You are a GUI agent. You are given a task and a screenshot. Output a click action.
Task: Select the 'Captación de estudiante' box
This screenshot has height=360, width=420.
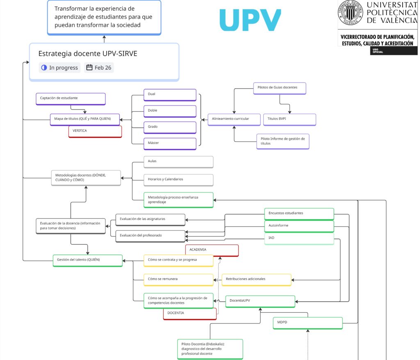tap(71, 99)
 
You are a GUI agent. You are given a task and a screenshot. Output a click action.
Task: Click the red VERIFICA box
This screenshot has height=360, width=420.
tap(95, 131)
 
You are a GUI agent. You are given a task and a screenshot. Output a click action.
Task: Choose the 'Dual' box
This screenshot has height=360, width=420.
tap(170, 94)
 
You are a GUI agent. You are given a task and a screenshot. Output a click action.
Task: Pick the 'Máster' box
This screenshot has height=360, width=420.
tap(170, 143)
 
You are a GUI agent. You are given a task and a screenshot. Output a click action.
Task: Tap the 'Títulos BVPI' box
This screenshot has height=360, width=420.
tap(289, 119)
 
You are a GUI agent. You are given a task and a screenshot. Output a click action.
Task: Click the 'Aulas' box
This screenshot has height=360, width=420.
tap(178, 161)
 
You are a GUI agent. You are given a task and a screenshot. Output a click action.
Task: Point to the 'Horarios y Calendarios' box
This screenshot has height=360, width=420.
tap(178, 179)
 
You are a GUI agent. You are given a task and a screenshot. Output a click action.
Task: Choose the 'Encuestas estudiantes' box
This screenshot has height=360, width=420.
tap(299, 213)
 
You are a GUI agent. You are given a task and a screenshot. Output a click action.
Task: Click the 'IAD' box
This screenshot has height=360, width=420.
tap(299, 238)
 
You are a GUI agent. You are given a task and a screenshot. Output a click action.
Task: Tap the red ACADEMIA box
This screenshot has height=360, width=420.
tap(212, 250)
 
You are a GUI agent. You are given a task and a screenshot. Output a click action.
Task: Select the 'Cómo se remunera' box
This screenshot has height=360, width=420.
tap(178, 279)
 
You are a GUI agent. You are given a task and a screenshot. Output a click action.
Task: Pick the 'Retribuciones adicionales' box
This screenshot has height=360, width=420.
tap(256, 279)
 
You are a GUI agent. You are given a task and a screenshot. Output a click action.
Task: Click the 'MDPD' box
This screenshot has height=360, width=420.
tap(308, 323)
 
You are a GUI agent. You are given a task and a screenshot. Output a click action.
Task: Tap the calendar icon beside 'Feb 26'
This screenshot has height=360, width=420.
tap(89, 68)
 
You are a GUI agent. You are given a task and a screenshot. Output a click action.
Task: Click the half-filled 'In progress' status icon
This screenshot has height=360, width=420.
tap(44, 68)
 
